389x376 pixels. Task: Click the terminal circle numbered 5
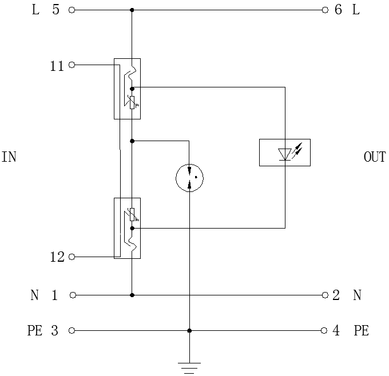pos(72,10)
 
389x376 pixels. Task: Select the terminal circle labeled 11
pos(72,65)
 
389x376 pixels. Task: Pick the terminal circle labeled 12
pos(72,257)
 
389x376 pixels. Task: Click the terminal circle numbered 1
pos(72,295)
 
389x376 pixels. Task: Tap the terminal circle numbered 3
pos(72,330)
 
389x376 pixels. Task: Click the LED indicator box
pos(285,153)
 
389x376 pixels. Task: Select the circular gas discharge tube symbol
pos(189,177)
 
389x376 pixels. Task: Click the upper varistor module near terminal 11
pos(127,89)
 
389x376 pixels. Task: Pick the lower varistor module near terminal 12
pos(127,228)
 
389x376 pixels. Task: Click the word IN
pos(9,157)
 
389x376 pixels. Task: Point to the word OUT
pos(375,157)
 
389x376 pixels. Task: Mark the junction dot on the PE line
pos(189,330)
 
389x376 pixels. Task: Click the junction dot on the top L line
pos(132,10)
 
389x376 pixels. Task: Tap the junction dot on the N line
pos(132,295)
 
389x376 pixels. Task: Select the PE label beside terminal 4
pos(361,331)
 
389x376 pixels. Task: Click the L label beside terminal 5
pos(35,10)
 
